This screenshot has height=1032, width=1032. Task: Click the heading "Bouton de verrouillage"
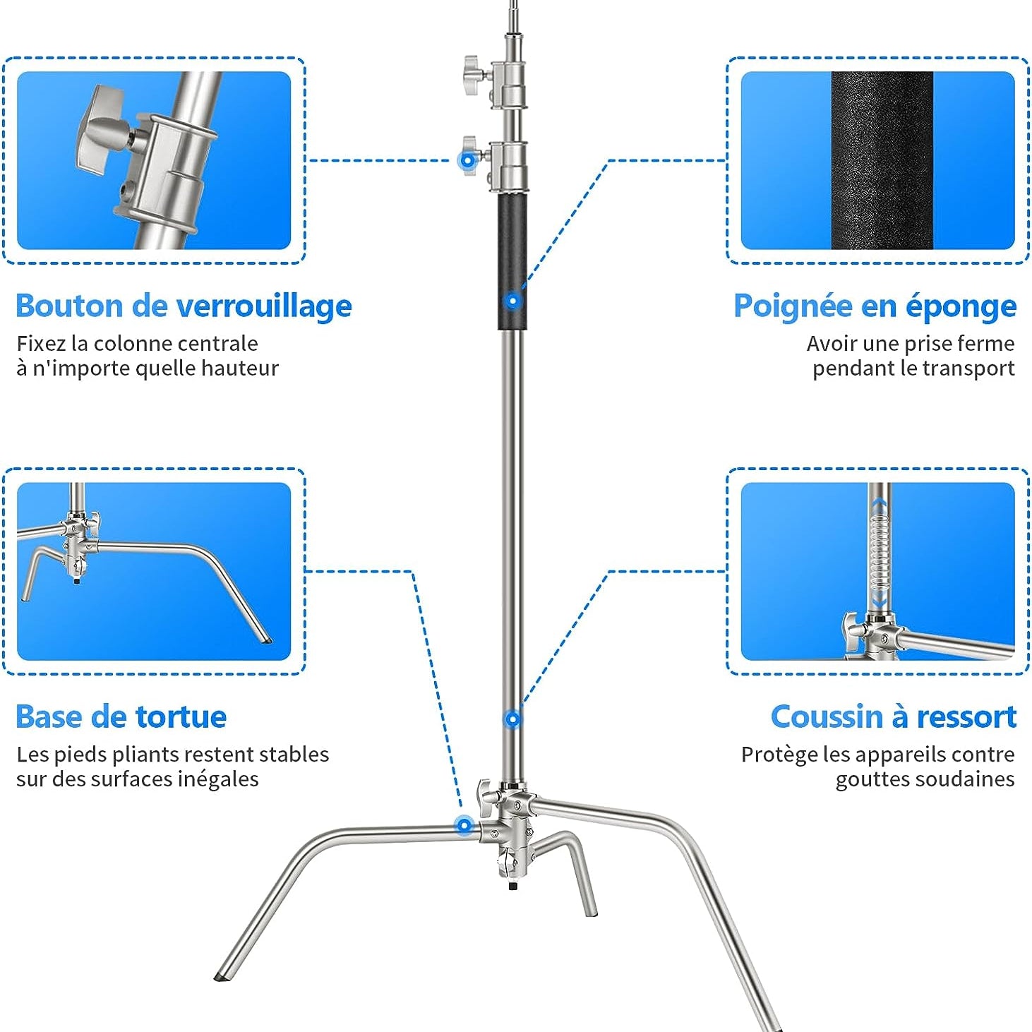[x=184, y=307]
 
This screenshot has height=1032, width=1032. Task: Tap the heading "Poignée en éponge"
[x=875, y=307]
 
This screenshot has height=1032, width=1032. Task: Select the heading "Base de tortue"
[x=121, y=717]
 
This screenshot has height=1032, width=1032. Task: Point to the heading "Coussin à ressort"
[x=893, y=717]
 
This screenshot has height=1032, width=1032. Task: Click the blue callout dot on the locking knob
[x=468, y=160]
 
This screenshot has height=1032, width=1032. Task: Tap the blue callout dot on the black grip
[x=512, y=301]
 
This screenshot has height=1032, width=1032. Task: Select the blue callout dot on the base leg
[x=464, y=825]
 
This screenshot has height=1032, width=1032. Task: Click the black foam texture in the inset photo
[x=882, y=161]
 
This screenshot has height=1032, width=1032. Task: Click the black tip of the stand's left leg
[x=221, y=976]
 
